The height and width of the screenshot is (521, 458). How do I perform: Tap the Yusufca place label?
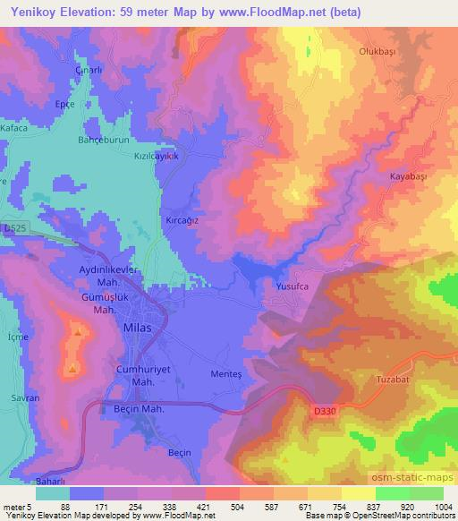[288, 287]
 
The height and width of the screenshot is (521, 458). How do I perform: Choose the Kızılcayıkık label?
[157, 156]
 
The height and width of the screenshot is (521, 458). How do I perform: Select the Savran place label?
[21, 397]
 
